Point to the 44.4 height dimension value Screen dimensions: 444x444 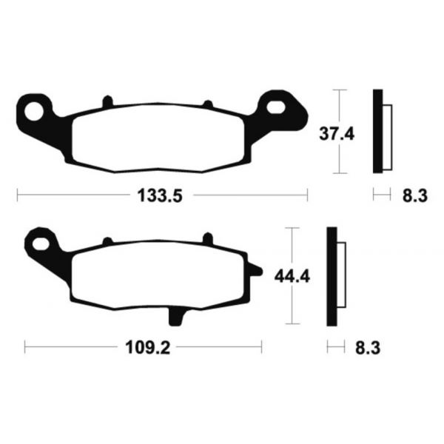coord(290,277)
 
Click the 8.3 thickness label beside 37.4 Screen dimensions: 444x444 coord(413,196)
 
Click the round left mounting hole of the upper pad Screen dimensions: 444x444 coord(34,112)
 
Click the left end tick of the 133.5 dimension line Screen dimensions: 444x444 coord(18,196)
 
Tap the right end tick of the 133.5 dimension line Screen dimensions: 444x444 coord(306,196)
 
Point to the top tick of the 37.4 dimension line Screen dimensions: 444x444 coord(338,90)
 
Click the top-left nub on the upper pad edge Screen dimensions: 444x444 coord(107,101)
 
